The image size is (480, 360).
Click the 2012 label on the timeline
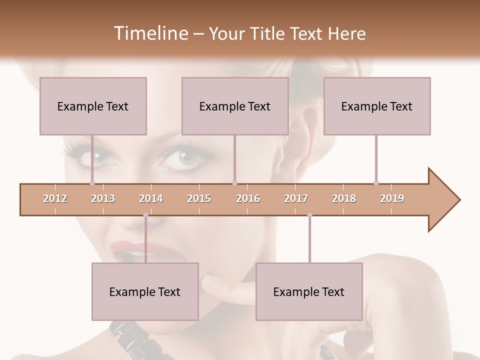pos(55,198)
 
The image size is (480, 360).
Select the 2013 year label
pos(103,198)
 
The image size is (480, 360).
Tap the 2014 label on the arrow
pos(151,198)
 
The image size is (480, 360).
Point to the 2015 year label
pos(199,198)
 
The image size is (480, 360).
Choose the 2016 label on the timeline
pos(248,198)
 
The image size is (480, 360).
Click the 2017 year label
pos(296,198)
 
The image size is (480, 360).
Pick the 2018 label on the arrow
pos(344,198)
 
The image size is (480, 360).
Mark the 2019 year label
pos(392,198)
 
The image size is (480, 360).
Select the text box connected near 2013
pos(93,106)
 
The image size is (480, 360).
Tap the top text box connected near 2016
pos(235,106)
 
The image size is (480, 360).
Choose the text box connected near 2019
pos(377,106)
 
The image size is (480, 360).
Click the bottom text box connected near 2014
pos(145,291)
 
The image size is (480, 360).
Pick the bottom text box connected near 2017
pos(309,291)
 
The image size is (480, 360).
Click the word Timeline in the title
pos(150,33)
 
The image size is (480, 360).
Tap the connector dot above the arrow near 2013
pos(92,183)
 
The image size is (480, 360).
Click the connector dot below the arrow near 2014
pos(145,215)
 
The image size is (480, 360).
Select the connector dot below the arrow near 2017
pos(309,215)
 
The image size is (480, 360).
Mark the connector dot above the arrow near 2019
pos(376,183)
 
